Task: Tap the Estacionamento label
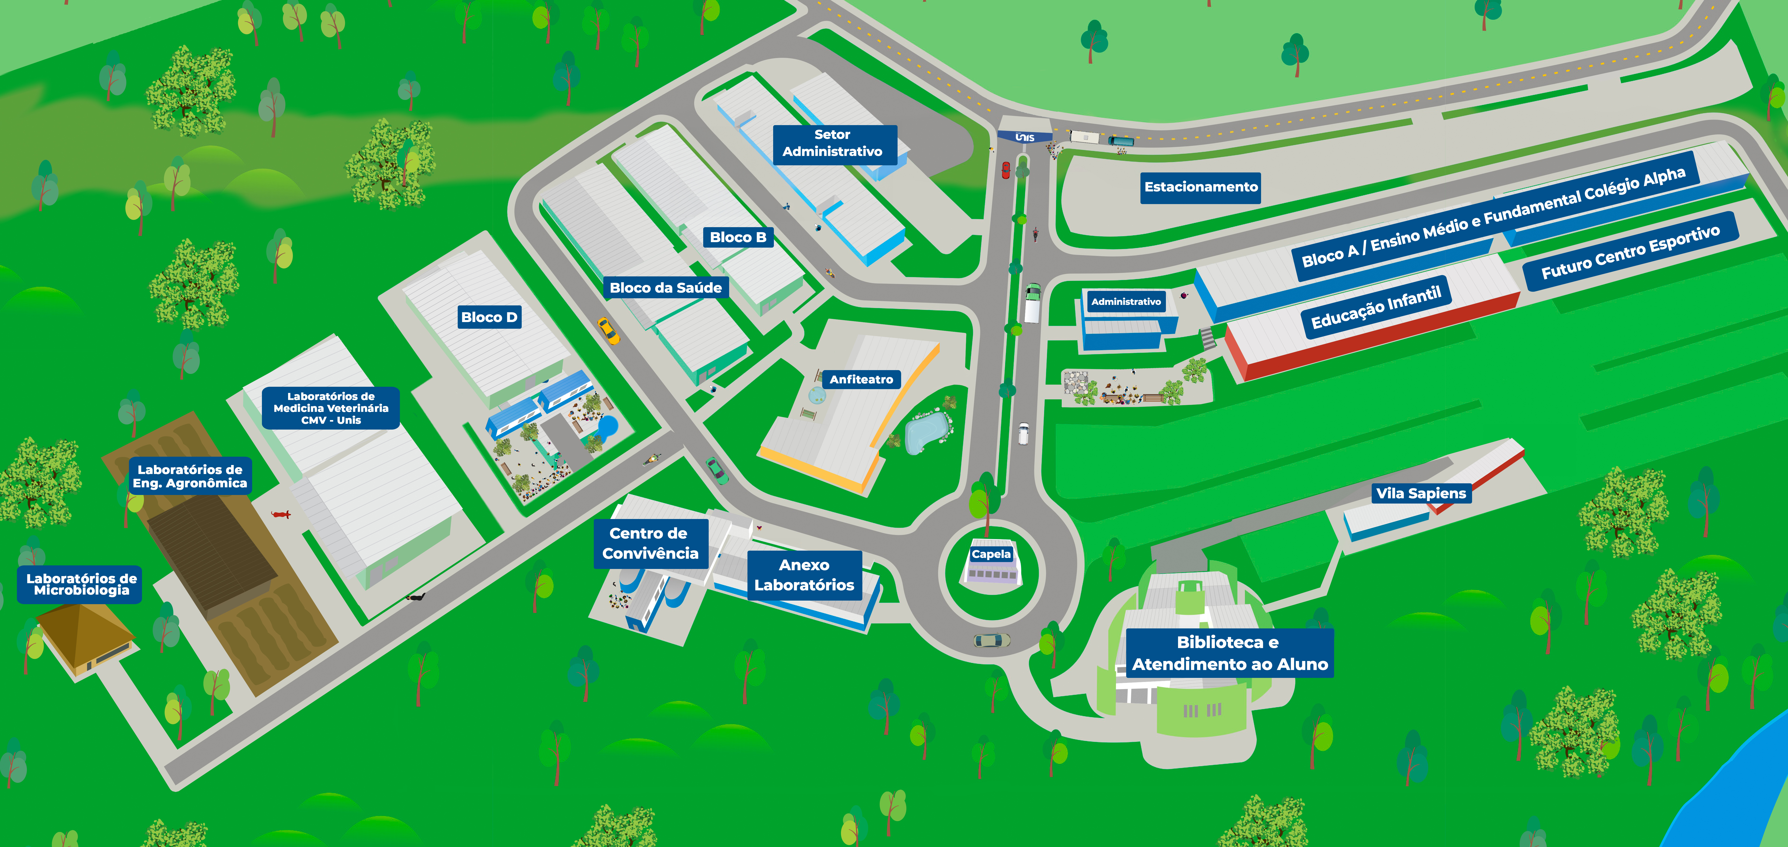pyautogui.click(x=1200, y=187)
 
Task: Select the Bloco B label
pyautogui.click(x=738, y=237)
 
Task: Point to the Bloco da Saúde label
pyautogui.click(x=666, y=287)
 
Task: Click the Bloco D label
pyautogui.click(x=489, y=317)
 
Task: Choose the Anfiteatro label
pyautogui.click(x=861, y=379)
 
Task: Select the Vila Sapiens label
pyautogui.click(x=1421, y=494)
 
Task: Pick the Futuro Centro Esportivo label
pyautogui.click(x=1631, y=251)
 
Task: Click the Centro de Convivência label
pyautogui.click(x=650, y=543)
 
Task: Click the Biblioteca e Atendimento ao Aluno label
pyautogui.click(x=1229, y=653)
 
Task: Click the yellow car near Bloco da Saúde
pyautogui.click(x=609, y=331)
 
